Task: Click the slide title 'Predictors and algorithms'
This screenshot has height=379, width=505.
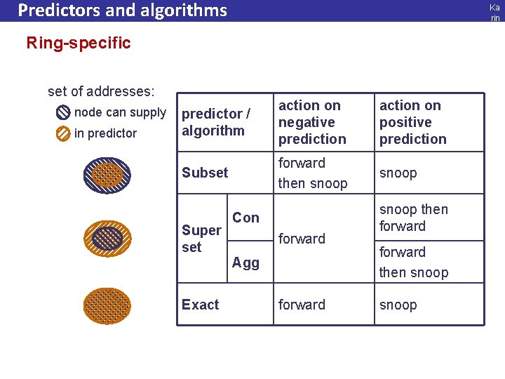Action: point(123,11)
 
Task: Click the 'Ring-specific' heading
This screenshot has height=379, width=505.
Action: point(79,43)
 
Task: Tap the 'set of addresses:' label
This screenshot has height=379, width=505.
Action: point(101,91)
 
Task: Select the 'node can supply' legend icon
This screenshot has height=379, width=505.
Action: point(63,113)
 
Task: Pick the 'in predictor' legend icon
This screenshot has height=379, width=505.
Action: point(63,133)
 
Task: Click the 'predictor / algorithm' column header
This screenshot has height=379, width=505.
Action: point(215,122)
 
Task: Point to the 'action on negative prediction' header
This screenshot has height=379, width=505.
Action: point(312,122)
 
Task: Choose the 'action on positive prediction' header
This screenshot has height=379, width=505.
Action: point(412,122)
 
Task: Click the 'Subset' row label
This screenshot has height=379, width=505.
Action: point(205,173)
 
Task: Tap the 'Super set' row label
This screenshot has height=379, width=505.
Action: point(201,239)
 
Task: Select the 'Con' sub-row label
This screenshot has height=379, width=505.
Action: point(245,218)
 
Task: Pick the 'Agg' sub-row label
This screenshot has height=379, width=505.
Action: point(245,262)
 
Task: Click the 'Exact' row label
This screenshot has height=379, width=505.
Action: point(200,305)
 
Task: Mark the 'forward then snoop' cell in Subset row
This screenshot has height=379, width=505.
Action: point(313,173)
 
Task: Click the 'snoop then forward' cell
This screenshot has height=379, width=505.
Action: point(413,218)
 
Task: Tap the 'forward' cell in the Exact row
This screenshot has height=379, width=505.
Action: point(302,305)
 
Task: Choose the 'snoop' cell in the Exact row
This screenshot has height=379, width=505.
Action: point(398,305)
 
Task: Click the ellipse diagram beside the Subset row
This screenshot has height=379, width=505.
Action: point(107,175)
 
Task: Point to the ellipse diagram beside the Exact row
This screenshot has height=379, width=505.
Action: point(107,306)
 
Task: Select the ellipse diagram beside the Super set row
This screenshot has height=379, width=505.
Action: point(107,239)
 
